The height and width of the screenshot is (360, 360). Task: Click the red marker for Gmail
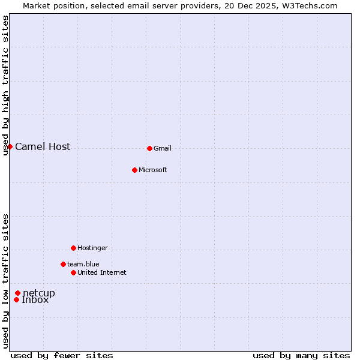[149, 148]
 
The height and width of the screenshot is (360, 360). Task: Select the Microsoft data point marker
[134, 170]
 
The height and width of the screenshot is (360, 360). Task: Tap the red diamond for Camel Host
[10, 146]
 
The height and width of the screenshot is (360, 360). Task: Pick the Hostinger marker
[73, 248]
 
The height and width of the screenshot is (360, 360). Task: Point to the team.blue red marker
[63, 264]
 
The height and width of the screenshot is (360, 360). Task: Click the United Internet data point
[73, 272]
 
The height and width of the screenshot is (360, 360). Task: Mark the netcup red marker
[18, 293]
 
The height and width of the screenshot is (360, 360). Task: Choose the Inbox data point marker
[17, 299]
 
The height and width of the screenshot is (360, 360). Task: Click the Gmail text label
[163, 148]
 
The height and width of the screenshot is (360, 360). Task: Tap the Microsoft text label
[153, 170]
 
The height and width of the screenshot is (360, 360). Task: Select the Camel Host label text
[43, 146]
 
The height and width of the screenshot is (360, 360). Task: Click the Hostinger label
[92, 248]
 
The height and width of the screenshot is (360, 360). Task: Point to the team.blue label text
[83, 264]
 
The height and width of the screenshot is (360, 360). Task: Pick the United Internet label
[102, 272]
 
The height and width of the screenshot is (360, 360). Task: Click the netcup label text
[39, 293]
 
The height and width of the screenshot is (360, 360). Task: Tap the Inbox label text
[35, 300]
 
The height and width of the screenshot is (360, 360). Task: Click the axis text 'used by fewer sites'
[62, 355]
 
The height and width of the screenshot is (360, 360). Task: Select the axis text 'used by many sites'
[301, 355]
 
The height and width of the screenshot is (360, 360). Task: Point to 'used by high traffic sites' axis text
[6, 85]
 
